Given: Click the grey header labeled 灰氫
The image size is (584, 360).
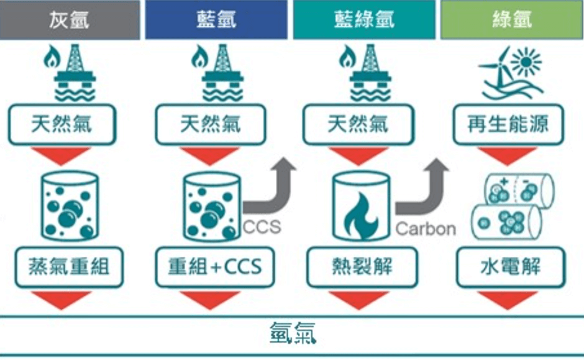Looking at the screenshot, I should pos(70,20).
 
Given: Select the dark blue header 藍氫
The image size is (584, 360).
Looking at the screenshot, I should pos(216,20).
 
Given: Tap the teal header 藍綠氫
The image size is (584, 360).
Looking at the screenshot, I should pos(364,20).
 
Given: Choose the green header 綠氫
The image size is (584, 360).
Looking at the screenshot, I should pos(511,20).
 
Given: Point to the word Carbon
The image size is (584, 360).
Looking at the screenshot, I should pos(426,228).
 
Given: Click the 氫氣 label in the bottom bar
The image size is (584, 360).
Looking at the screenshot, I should pos(292,336).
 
